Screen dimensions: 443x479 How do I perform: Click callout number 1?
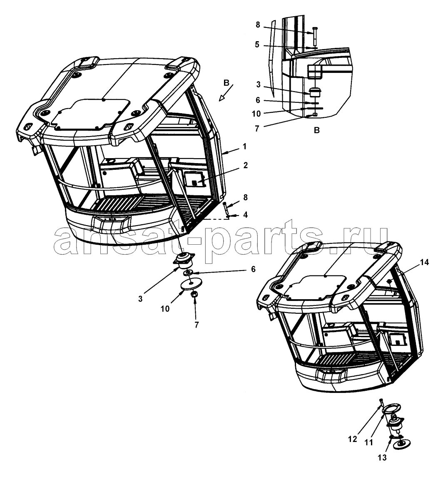[x=244, y=146]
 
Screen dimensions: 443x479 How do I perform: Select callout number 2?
[x=245, y=165]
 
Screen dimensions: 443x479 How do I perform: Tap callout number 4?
[x=245, y=215]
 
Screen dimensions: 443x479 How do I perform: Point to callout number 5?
[x=257, y=45]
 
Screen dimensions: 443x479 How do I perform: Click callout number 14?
[x=424, y=262]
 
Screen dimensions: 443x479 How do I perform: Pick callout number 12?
[x=353, y=439]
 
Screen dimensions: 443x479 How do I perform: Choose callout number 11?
[x=369, y=442]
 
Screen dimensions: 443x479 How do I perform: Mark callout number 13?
[x=382, y=457]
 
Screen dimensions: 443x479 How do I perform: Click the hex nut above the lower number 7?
[x=194, y=295]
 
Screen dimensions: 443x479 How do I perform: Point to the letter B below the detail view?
[x=317, y=130]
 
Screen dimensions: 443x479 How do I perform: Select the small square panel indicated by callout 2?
[x=194, y=179]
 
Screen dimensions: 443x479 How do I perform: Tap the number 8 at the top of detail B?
[x=258, y=25]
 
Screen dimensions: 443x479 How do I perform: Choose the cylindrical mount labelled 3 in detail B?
[x=315, y=92]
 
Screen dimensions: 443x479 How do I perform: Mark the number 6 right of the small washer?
[x=253, y=269]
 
